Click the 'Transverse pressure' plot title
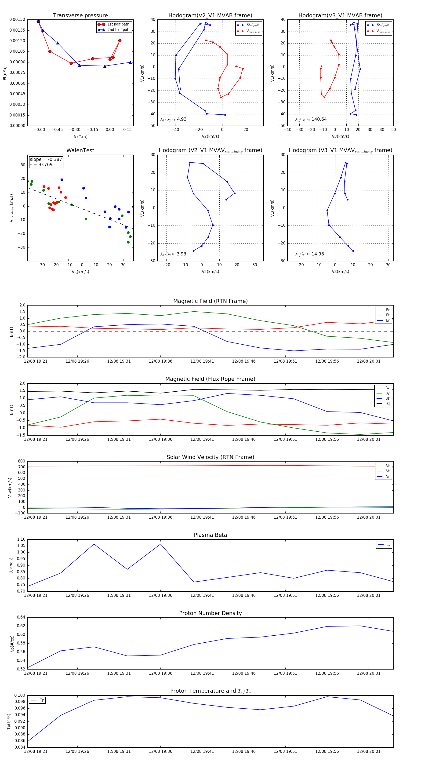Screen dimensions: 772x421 80,16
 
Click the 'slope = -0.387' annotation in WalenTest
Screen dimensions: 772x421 46,160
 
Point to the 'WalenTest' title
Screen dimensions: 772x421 80,150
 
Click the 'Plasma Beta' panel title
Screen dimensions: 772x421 210,535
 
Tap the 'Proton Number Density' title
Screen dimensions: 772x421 210,613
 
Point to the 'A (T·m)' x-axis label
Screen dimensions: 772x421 80,137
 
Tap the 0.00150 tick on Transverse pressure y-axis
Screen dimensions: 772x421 17,19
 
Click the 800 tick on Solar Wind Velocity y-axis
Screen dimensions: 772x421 22,461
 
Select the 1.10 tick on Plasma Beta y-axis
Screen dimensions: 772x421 21,539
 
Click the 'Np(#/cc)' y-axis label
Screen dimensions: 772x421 12,644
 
